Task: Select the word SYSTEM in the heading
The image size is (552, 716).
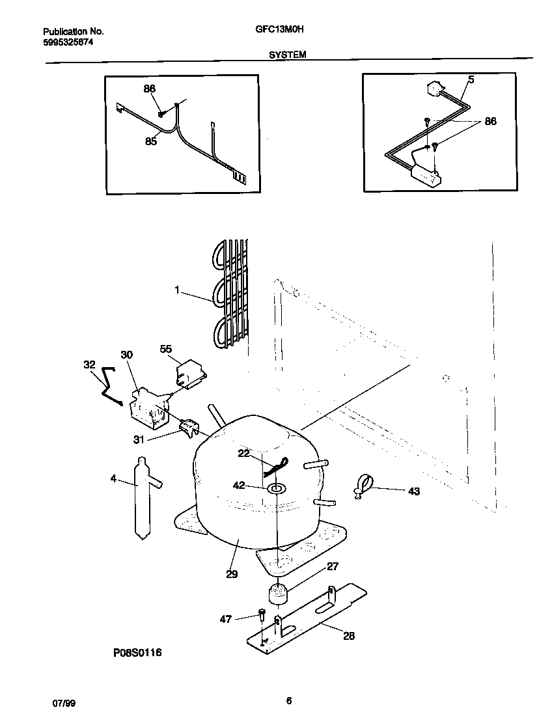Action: coord(288,56)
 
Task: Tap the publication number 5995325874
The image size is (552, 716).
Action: coord(68,41)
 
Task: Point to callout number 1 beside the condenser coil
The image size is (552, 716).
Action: coord(176,291)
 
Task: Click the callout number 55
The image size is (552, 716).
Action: coord(166,350)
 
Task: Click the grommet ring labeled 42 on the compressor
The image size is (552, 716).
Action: coord(277,488)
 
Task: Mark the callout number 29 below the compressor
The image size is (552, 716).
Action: coord(232,574)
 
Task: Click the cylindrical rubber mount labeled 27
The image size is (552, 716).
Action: coord(279,594)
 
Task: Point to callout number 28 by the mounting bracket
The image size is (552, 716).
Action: coord(349,636)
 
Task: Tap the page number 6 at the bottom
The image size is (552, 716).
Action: coord(288,701)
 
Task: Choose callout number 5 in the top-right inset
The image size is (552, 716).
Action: coord(471,80)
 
